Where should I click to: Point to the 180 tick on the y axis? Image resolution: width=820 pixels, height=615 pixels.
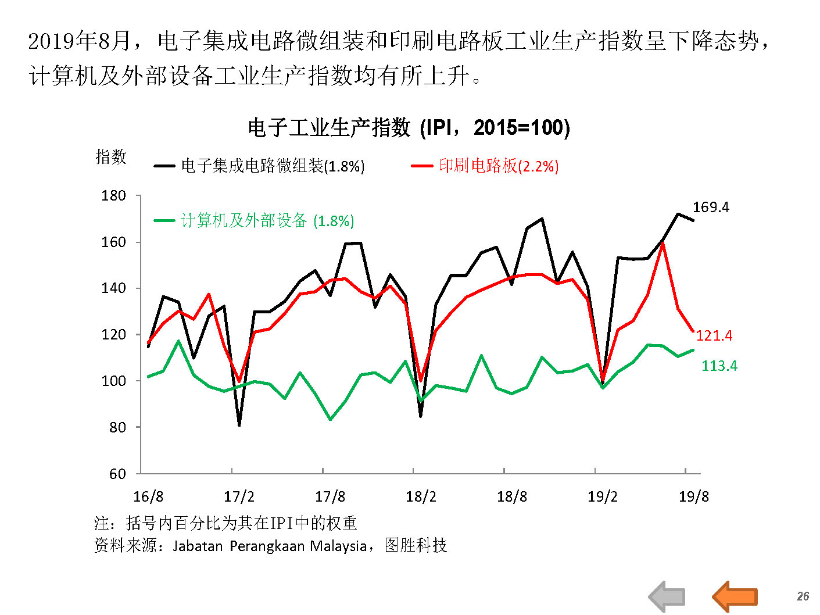(114, 196)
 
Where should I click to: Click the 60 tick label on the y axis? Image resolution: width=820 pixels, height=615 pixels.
(117, 474)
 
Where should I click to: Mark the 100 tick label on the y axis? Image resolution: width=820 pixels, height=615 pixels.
(114, 381)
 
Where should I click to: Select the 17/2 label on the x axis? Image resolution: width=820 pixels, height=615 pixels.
(239, 496)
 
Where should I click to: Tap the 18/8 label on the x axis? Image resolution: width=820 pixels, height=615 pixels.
(512, 496)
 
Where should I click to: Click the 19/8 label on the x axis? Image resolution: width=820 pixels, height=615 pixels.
(694, 496)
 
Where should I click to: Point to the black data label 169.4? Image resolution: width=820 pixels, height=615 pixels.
(711, 208)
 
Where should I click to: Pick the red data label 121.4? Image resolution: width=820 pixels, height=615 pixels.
(714, 335)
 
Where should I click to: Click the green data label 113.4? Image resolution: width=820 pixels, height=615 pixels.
(719, 366)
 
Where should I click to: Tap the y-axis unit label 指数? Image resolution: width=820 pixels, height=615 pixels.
(111, 156)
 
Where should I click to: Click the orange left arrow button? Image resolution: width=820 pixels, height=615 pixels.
(735, 597)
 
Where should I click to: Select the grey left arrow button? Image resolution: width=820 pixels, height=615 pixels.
(667, 597)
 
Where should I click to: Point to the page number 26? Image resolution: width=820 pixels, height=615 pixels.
(803, 596)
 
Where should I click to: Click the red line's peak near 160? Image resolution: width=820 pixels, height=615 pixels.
(663, 244)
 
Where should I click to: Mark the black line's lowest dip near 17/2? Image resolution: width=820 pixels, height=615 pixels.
(239, 425)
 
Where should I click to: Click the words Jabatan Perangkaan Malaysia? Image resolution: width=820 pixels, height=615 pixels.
(270, 546)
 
